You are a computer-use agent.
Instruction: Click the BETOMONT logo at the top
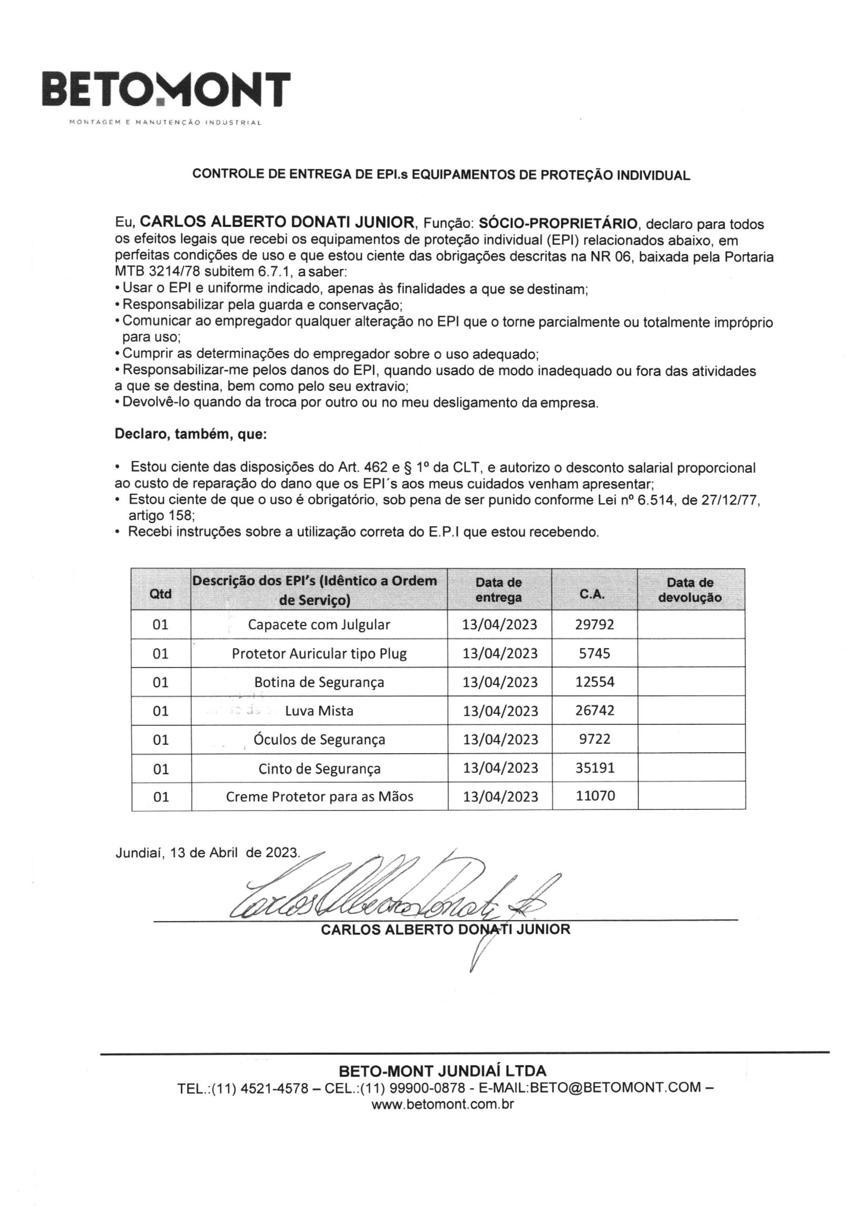click(x=166, y=90)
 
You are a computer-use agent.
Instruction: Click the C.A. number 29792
click(x=595, y=624)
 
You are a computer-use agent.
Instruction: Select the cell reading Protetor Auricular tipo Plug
click(x=319, y=653)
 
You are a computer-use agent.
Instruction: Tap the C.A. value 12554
click(x=595, y=682)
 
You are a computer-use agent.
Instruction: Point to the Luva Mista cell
click(x=319, y=711)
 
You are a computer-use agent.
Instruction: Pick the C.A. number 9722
click(x=595, y=739)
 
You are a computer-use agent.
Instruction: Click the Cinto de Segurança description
click(x=319, y=768)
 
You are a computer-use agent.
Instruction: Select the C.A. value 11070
click(x=595, y=796)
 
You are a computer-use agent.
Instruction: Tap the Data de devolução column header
click(x=690, y=590)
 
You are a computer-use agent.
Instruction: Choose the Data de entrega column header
click(x=499, y=590)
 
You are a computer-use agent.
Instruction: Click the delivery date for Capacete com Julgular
click(x=500, y=625)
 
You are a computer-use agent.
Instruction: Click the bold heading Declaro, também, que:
click(x=191, y=434)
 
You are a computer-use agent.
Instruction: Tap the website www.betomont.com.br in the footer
click(x=442, y=1104)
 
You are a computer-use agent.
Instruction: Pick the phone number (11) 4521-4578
click(x=260, y=1088)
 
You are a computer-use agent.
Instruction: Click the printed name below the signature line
click(x=445, y=930)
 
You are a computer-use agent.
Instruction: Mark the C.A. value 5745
click(x=595, y=653)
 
